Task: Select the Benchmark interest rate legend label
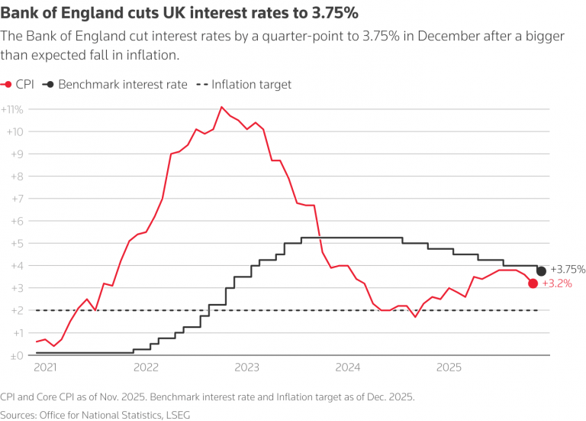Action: pyautogui.click(x=122, y=85)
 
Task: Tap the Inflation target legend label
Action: pyautogui.click(x=251, y=85)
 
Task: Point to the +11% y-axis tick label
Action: pyautogui.click(x=14, y=109)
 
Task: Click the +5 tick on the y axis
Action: pyautogui.click(x=16, y=244)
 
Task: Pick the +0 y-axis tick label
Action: pyautogui.click(x=16, y=355)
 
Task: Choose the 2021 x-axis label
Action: pyautogui.click(x=45, y=367)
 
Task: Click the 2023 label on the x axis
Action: pyautogui.click(x=246, y=367)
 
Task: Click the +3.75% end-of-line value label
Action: pyautogui.click(x=568, y=269)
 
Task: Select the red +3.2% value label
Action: pyautogui.click(x=557, y=283)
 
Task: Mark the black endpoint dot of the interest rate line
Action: pyautogui.click(x=542, y=271)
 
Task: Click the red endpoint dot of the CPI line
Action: pyautogui.click(x=533, y=283)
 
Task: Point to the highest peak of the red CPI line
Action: pyautogui.click(x=221, y=107)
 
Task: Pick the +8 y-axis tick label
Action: pyautogui.click(x=16, y=176)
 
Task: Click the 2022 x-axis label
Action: pyautogui.click(x=146, y=367)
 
